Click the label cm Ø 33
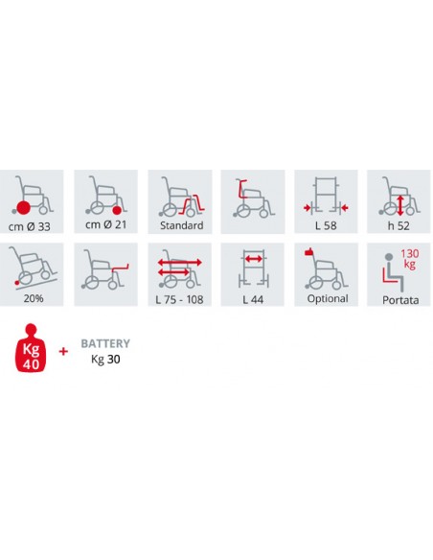click(30, 226)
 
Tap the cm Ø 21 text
click(106, 224)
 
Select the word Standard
click(182, 225)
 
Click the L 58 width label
click(326, 225)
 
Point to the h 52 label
click(399, 225)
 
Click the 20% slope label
click(34, 298)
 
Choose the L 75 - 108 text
click(179, 299)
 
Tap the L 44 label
click(253, 299)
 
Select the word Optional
click(328, 298)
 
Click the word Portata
click(400, 300)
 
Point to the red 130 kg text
click(409, 259)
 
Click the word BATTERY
click(105, 343)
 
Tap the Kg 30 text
click(105, 359)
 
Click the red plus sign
click(63, 351)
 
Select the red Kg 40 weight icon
click(31, 347)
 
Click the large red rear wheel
click(23, 208)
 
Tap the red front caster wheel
click(117, 211)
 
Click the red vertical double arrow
click(400, 205)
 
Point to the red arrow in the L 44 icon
click(254, 259)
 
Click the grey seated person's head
click(389, 257)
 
